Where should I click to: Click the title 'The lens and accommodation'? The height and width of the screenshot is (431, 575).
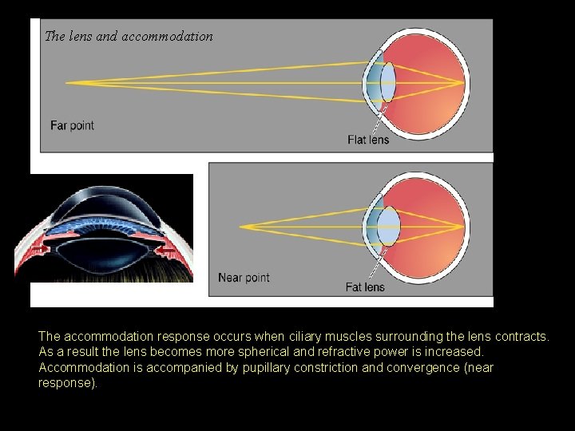(129, 36)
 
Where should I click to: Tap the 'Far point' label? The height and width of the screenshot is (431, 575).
(72, 125)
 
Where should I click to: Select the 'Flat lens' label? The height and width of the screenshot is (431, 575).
(368, 140)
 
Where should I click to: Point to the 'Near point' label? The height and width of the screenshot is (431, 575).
(244, 278)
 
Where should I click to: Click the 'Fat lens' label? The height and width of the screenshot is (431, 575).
(365, 287)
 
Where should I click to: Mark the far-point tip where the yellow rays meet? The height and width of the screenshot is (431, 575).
(67, 82)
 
